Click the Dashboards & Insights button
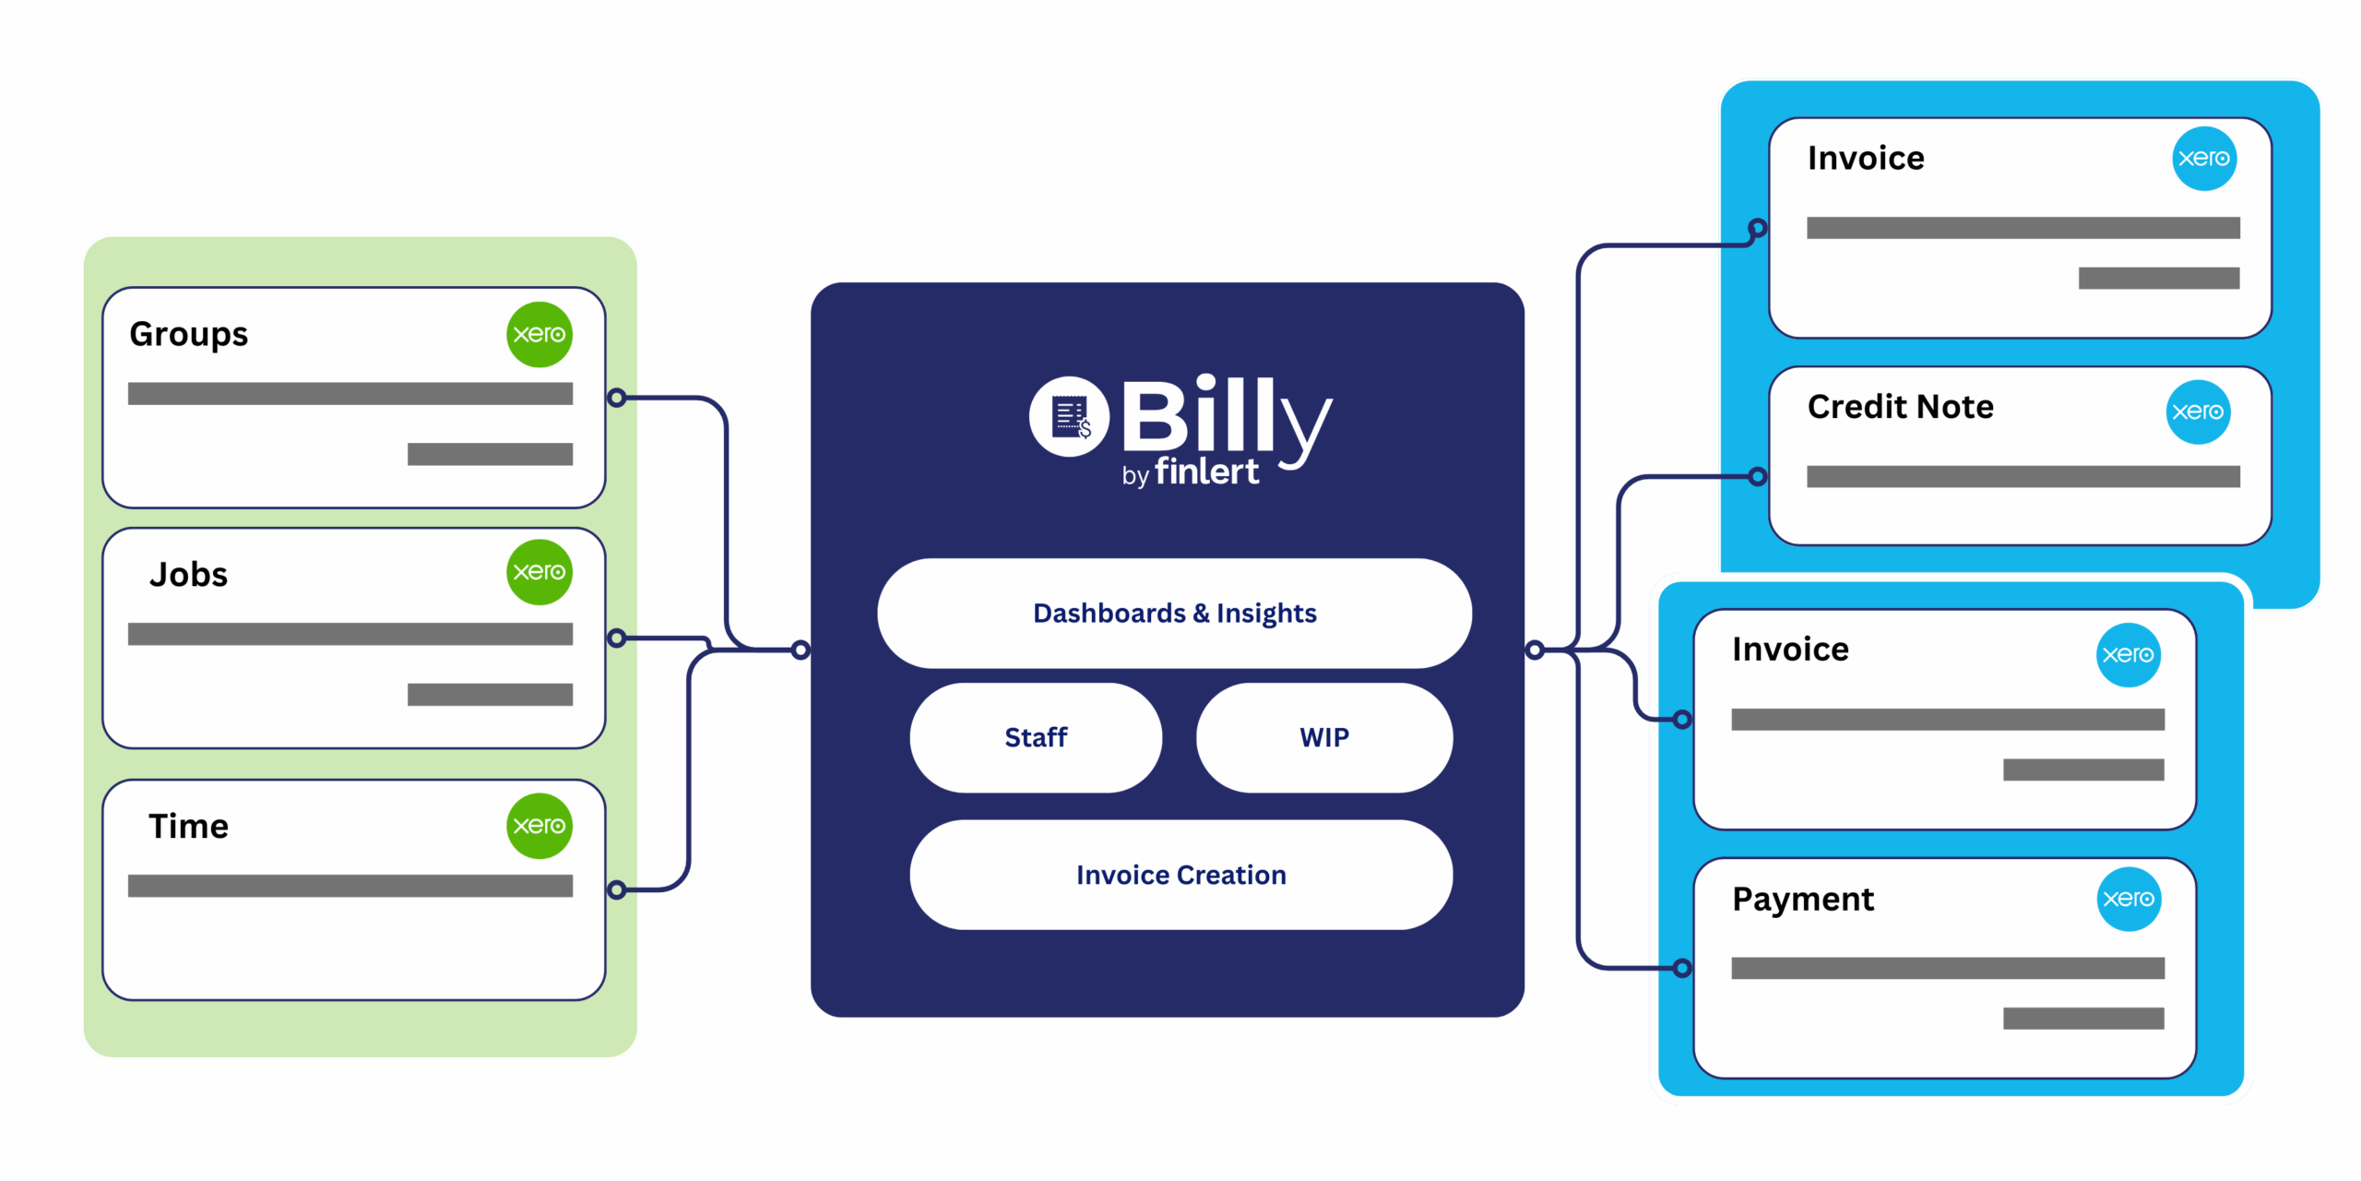pos(1174,613)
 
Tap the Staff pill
pos(1036,737)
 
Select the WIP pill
pos(1324,737)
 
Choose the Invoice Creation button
pos(1181,875)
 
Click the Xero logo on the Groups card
pos(540,334)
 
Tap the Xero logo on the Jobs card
pos(540,572)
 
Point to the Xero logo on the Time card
pos(540,826)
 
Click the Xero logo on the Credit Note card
pos(2198,412)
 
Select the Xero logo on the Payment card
pos(2129,899)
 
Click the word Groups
pos(189,335)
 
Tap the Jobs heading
pos(188,575)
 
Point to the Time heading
pos(188,826)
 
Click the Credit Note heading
pos(1901,406)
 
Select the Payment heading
pos(1803,900)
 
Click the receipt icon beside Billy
pos(1070,416)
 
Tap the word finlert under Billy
pos(1206,471)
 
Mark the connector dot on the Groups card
pos(617,398)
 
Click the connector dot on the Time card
pos(617,889)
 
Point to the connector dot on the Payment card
pos(1682,968)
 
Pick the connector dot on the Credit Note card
pos(1758,476)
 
